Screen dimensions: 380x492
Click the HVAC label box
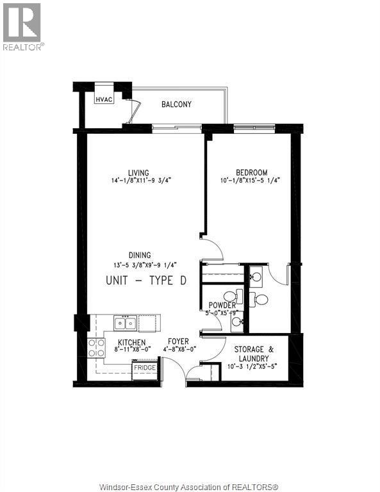(x=104, y=99)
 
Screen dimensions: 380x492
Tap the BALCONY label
(x=176, y=104)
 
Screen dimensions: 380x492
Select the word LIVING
(x=138, y=173)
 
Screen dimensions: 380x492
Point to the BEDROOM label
(x=252, y=172)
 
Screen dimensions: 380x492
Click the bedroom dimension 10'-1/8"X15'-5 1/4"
(x=250, y=181)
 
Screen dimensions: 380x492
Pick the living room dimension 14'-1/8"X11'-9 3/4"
(x=141, y=181)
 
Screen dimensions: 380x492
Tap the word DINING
(x=140, y=255)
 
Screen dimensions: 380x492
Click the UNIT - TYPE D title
(x=146, y=280)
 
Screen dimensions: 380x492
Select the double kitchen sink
(x=125, y=323)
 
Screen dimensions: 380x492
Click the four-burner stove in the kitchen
(x=96, y=348)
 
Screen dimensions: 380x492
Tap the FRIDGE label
(x=145, y=368)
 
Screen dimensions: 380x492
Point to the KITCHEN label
(x=132, y=343)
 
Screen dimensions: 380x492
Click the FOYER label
(x=178, y=341)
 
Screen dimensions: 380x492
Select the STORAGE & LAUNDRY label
(x=254, y=354)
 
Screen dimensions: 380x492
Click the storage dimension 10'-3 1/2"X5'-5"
(x=253, y=366)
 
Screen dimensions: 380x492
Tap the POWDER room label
(x=222, y=305)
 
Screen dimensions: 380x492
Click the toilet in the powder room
(x=233, y=296)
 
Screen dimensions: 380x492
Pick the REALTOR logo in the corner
(x=22, y=27)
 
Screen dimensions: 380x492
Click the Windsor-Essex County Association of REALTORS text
(x=188, y=487)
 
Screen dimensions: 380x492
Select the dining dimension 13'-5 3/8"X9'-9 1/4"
(x=145, y=265)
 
